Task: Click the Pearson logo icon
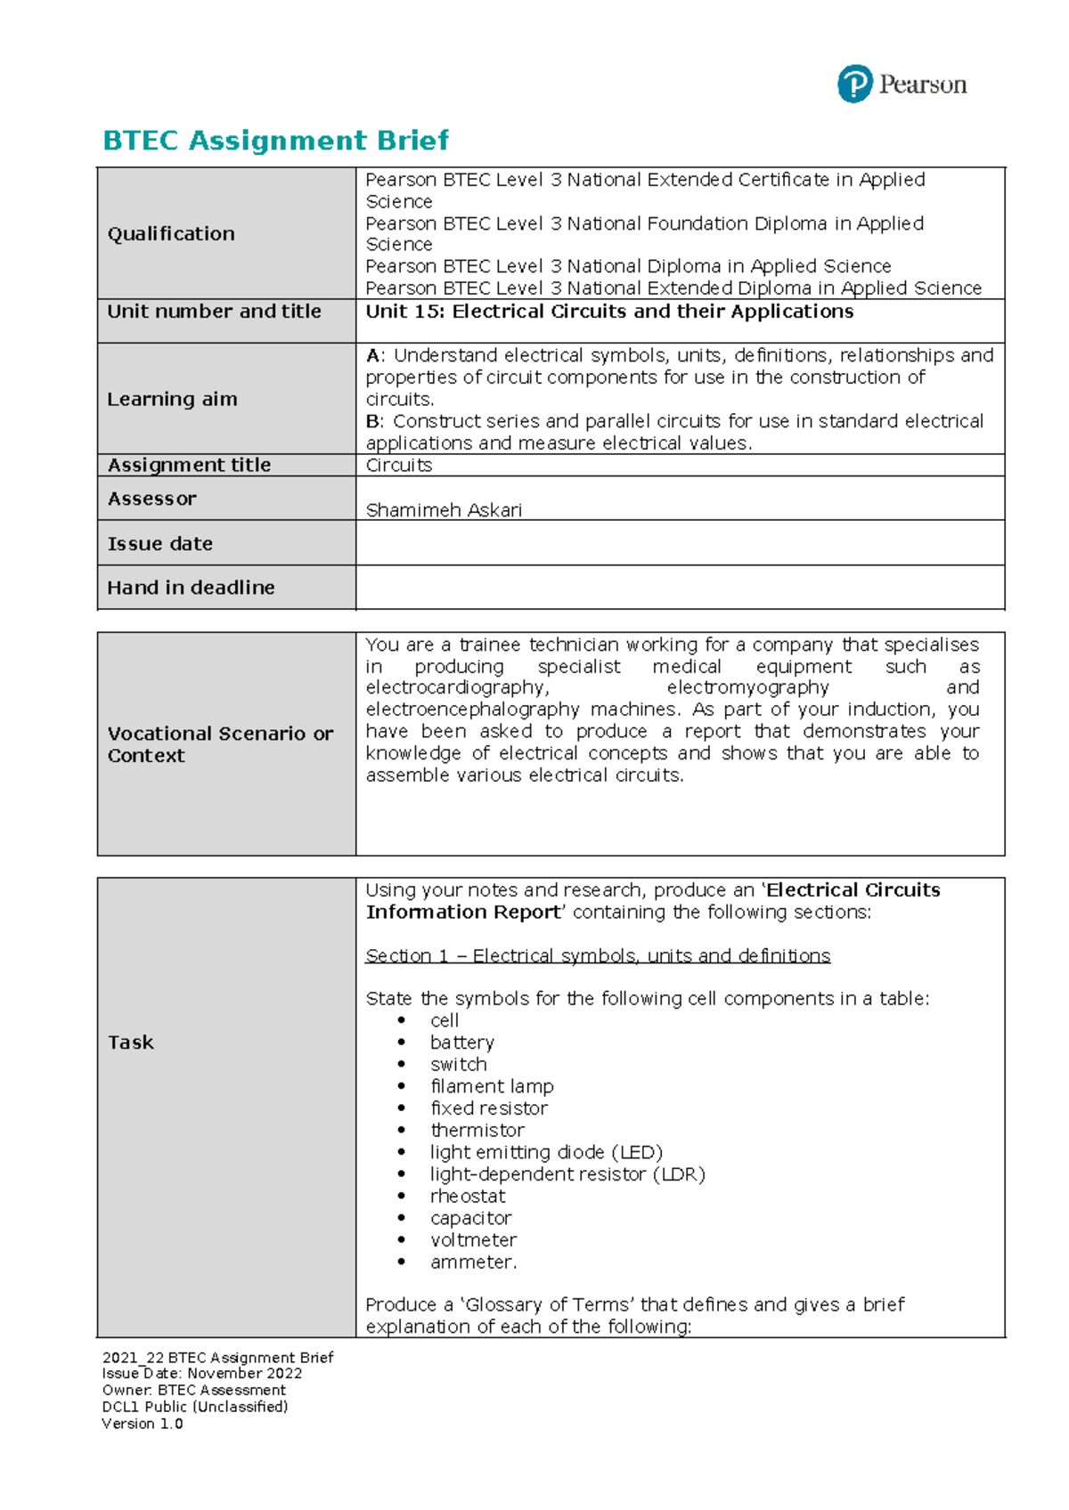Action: (854, 85)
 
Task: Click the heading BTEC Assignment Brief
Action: (275, 141)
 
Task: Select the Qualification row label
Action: (171, 234)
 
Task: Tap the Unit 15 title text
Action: (609, 312)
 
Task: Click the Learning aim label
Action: (172, 400)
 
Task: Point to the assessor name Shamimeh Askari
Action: (444, 510)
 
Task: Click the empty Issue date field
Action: (680, 543)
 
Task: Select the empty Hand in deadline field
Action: (680, 588)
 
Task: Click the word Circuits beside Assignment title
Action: (398, 466)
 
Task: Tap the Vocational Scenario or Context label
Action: (220, 744)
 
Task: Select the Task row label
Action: (131, 1043)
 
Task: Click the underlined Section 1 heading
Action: (598, 956)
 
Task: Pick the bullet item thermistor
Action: (477, 1131)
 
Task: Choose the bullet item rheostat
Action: (468, 1197)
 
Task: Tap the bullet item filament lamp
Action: (492, 1087)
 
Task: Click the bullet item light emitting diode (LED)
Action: (546, 1153)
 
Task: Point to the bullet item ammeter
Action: (473, 1262)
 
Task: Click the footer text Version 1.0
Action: (143, 1424)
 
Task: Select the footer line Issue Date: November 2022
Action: (202, 1374)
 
